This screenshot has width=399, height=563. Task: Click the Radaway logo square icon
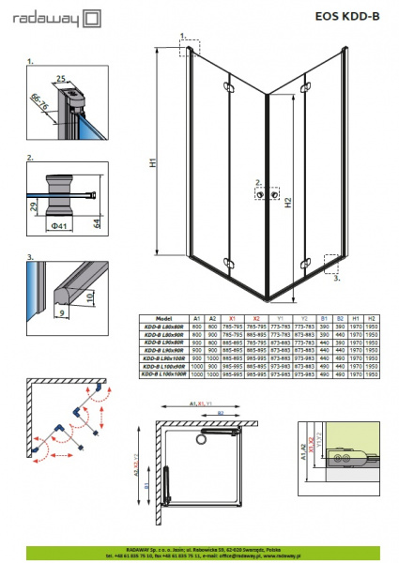(92, 17)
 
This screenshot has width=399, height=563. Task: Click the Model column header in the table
(163, 319)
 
